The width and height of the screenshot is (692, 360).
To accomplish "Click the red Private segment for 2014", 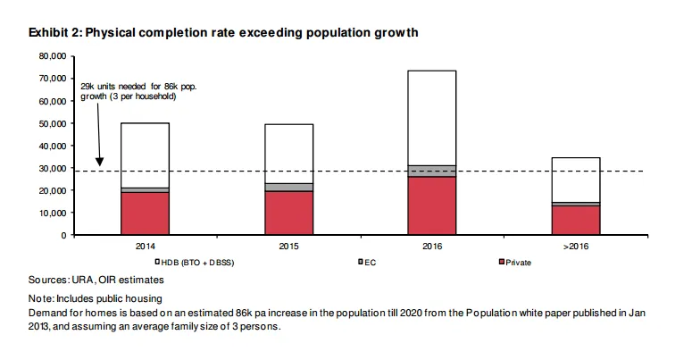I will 145,213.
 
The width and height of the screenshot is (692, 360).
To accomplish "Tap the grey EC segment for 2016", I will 431,171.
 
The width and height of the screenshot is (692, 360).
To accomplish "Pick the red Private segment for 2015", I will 288,213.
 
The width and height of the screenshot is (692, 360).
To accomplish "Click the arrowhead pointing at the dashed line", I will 100,163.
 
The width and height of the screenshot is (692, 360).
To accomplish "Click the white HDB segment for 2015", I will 288,153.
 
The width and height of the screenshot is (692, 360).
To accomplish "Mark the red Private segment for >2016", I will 575,221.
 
